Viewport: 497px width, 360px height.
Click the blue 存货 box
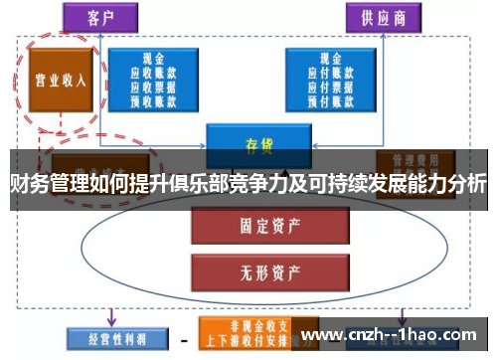(259, 141)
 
